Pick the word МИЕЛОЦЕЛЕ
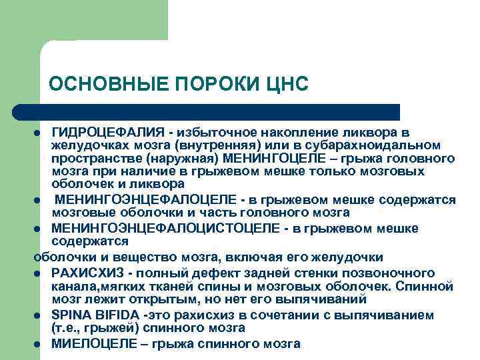click(89, 344)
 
